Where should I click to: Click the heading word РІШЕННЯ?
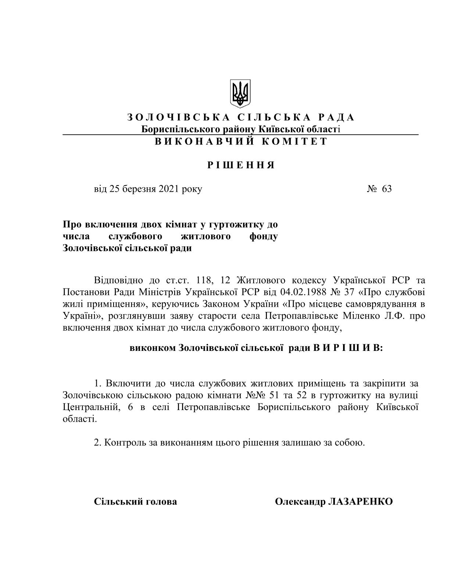pos(241,165)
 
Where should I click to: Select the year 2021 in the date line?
pos(169,189)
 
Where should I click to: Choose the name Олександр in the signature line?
pos(300,502)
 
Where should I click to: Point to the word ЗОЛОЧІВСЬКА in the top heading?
pos(179,117)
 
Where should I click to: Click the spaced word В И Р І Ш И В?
pos(347,348)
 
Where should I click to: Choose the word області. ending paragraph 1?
pos(80,419)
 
